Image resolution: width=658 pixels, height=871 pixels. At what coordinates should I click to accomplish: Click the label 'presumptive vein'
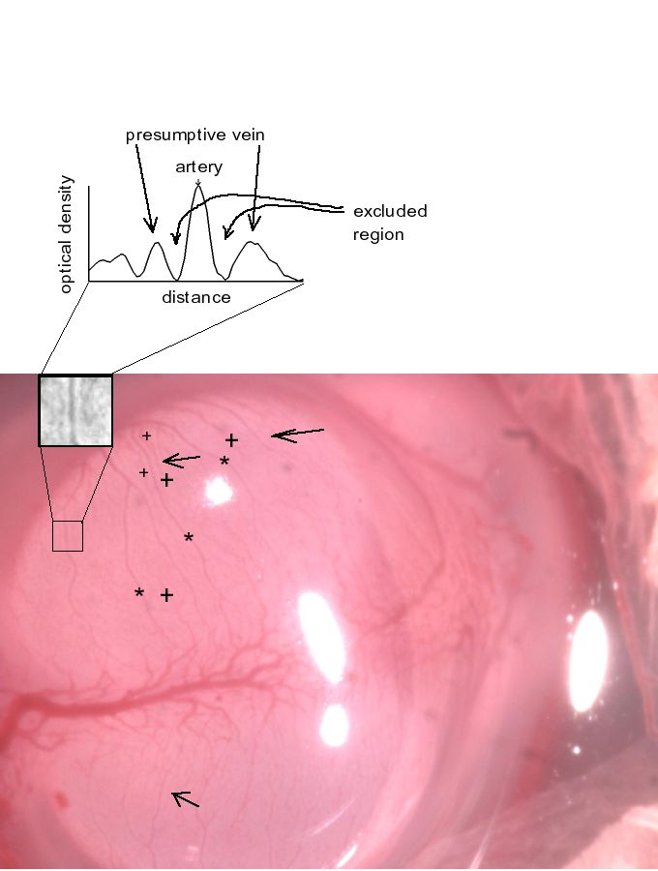pyautogui.click(x=195, y=135)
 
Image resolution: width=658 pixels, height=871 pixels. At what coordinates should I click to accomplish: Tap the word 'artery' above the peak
pyautogui.click(x=198, y=167)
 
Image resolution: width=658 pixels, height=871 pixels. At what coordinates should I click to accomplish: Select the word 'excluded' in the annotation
pyautogui.click(x=390, y=211)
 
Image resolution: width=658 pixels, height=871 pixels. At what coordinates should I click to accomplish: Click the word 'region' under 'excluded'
pyautogui.click(x=378, y=234)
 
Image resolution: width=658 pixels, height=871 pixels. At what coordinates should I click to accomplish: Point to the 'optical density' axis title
pyautogui.click(x=66, y=233)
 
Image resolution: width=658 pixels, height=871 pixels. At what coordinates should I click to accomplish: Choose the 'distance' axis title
pyautogui.click(x=196, y=297)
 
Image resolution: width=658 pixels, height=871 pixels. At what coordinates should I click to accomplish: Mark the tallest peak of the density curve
pyautogui.click(x=198, y=186)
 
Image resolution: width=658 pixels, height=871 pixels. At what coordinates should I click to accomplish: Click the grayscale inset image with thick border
pyautogui.click(x=75, y=410)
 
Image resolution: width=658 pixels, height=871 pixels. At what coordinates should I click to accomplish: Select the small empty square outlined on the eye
pyautogui.click(x=67, y=536)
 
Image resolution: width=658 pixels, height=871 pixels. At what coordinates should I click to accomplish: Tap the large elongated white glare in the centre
pyautogui.click(x=320, y=640)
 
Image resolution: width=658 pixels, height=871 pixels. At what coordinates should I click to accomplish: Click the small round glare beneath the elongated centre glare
pyautogui.click(x=334, y=725)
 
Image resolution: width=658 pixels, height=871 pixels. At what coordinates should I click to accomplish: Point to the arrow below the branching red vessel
pyautogui.click(x=185, y=798)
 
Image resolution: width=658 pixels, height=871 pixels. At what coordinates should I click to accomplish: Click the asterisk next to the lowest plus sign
pyautogui.click(x=139, y=593)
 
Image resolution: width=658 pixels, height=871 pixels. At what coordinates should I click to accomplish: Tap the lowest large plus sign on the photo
pyautogui.click(x=166, y=595)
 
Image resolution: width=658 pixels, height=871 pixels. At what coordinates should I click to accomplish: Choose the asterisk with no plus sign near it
pyautogui.click(x=189, y=538)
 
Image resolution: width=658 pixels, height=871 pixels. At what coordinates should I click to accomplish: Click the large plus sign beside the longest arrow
pyautogui.click(x=231, y=441)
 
